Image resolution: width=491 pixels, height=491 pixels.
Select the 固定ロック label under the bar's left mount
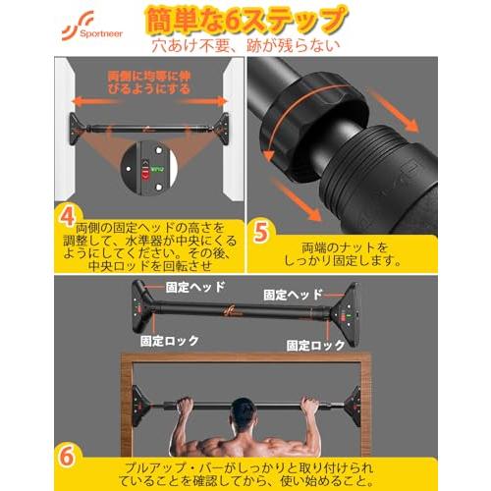(170, 341)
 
